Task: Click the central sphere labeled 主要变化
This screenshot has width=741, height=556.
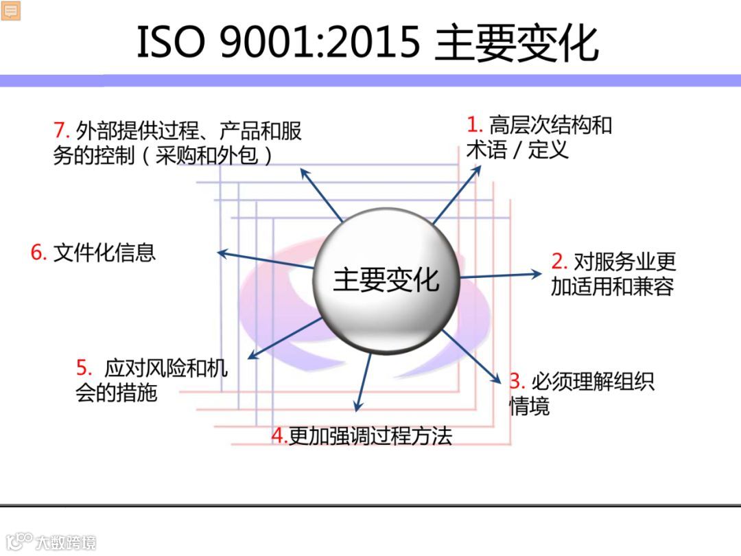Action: [386, 280]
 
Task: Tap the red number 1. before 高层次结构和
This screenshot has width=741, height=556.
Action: [475, 125]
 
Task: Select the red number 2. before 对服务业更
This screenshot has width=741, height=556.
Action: [559, 262]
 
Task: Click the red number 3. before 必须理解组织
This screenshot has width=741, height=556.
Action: [517, 381]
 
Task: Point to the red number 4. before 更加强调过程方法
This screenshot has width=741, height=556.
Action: [279, 436]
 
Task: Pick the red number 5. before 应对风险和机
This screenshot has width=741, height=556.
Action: [84, 368]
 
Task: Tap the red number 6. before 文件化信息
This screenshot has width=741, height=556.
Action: [38, 253]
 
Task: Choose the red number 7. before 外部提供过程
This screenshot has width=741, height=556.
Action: [61, 130]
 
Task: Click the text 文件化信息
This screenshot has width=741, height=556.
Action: [104, 253]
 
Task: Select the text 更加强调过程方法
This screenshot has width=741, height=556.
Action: [370, 436]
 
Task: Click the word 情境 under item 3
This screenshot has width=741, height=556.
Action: [529, 407]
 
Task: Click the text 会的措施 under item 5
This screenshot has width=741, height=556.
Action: [117, 393]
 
